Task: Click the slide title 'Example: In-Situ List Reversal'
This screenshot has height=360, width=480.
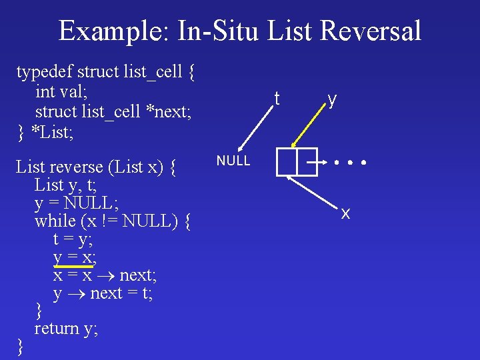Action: click(x=240, y=31)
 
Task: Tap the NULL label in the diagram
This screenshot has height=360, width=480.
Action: click(x=233, y=161)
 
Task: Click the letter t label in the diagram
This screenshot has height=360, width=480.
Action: click(x=277, y=98)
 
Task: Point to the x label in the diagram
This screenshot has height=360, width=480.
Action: click(x=345, y=213)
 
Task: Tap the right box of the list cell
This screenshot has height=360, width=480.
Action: click(x=307, y=162)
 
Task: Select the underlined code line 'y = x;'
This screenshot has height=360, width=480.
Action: click(x=75, y=257)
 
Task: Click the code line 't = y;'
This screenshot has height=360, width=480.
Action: click(x=73, y=239)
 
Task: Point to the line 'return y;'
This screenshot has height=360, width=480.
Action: click(x=66, y=328)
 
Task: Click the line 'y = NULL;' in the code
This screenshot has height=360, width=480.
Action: click(x=71, y=202)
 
